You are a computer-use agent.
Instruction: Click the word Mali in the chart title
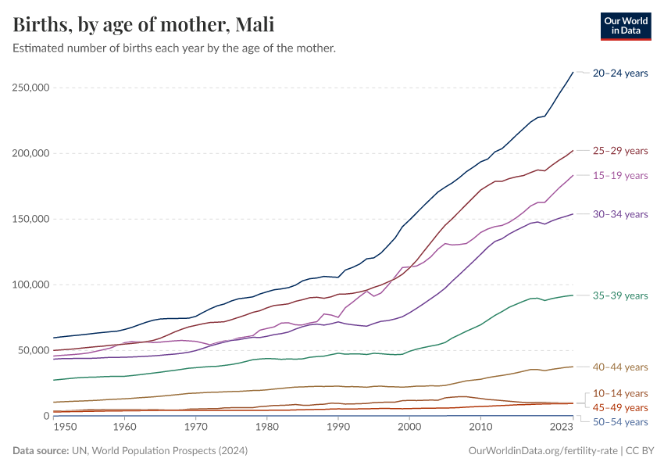pyautogui.click(x=252, y=25)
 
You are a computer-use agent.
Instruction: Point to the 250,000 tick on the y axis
pyautogui.click(x=28, y=88)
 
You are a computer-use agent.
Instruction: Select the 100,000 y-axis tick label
pyautogui.click(x=28, y=285)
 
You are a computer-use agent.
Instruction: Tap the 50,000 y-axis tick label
pyautogui.click(x=31, y=350)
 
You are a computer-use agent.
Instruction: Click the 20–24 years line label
pyautogui.click(x=620, y=73)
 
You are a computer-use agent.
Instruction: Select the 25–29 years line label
pyautogui.click(x=620, y=151)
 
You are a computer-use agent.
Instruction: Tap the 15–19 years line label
pyautogui.click(x=620, y=176)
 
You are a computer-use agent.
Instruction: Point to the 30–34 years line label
pyautogui.click(x=620, y=214)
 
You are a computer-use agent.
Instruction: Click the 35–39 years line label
pyautogui.click(x=620, y=295)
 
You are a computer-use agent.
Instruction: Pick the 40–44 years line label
pyautogui.click(x=620, y=367)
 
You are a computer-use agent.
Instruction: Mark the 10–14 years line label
pyautogui.click(x=620, y=393)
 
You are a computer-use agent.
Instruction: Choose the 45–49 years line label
pyautogui.click(x=620, y=407)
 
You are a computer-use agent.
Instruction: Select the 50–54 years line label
pyautogui.click(x=620, y=422)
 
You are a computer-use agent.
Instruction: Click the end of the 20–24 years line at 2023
pyautogui.click(x=573, y=72)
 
